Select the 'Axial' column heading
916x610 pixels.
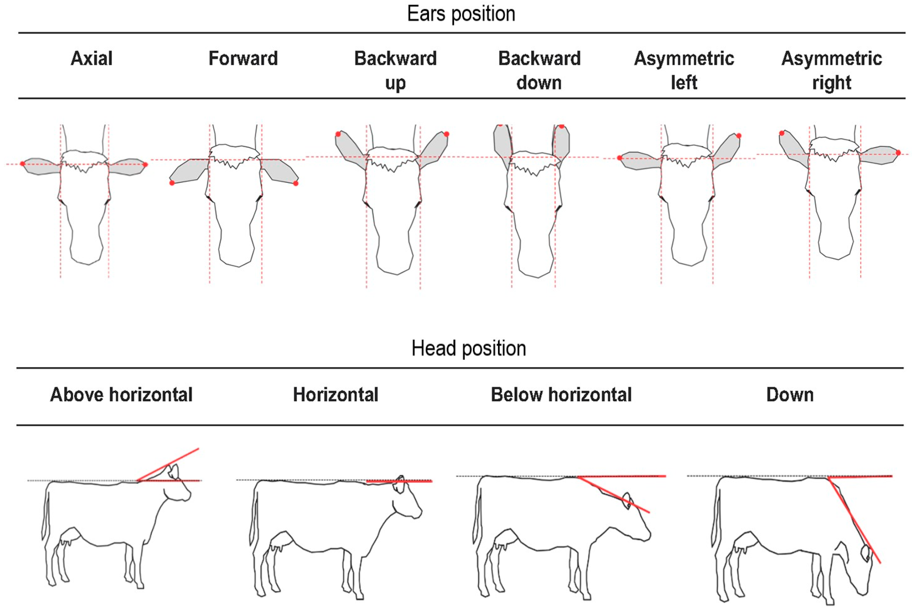click(92, 59)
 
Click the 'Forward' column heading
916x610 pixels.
click(243, 59)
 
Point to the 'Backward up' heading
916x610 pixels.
click(395, 70)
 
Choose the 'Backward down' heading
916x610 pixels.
click(539, 70)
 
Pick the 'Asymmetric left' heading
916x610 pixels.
click(684, 70)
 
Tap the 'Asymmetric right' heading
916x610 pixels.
click(831, 70)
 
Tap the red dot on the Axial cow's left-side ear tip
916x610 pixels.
click(22, 163)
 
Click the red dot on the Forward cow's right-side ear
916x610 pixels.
click(296, 183)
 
